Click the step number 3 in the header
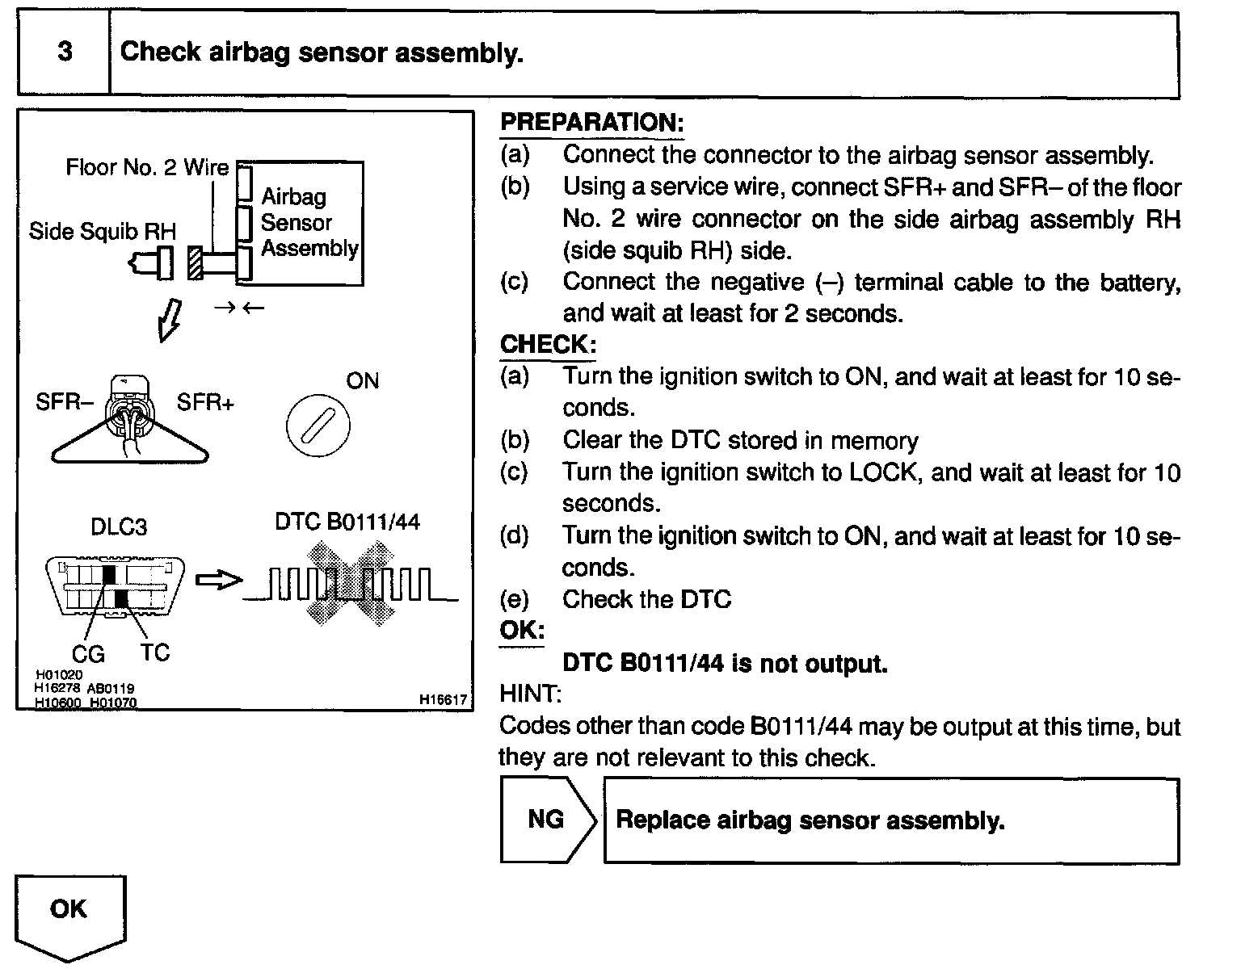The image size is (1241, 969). click(x=65, y=52)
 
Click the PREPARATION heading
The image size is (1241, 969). click(x=592, y=123)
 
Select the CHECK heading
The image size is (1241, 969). click(x=548, y=345)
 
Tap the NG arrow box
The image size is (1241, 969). click(x=547, y=820)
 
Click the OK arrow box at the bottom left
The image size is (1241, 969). click(x=69, y=912)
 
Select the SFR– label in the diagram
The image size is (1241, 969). click(x=59, y=402)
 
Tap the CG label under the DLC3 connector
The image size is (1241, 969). click(x=89, y=653)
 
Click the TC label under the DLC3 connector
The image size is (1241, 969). click(x=155, y=652)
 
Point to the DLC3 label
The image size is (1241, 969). click(x=118, y=528)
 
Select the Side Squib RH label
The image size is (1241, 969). click(x=102, y=232)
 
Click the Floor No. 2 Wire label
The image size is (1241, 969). click(x=147, y=168)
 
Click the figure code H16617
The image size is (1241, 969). click(x=443, y=700)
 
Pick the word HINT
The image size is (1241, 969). click(x=530, y=694)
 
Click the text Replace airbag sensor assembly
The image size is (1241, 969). click(x=810, y=821)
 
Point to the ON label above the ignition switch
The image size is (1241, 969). click(x=362, y=380)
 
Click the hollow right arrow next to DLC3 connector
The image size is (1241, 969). click(x=219, y=580)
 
